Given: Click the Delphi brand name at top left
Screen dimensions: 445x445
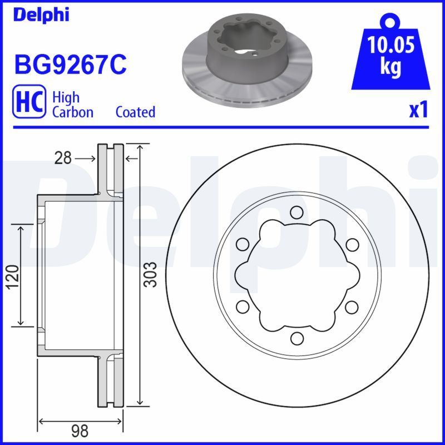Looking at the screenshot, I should coord(41,14).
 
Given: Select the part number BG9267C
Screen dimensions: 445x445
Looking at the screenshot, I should coord(70,65).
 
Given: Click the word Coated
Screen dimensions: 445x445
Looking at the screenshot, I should coord(135,112).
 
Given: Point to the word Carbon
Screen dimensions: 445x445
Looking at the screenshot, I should coord(72,112).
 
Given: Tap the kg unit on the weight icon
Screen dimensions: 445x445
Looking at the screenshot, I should coord(390,67).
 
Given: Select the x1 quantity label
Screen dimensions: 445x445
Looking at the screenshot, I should coord(418,110).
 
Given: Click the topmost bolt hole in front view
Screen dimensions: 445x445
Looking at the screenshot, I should coord(296,212).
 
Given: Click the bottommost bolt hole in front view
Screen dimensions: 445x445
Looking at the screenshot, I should coord(296,338).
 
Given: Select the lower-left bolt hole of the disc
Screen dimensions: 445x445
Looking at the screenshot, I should coord(242,306).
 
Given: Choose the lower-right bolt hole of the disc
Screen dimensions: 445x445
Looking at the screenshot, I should coord(351,306).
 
